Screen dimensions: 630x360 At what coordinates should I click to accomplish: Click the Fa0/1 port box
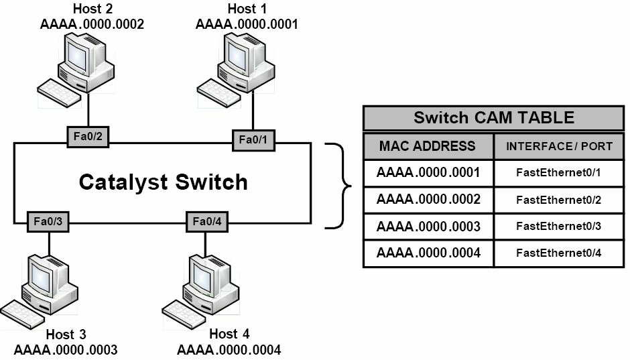click(253, 140)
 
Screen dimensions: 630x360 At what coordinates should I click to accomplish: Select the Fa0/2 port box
click(88, 137)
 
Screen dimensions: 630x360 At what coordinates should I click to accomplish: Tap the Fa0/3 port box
click(48, 222)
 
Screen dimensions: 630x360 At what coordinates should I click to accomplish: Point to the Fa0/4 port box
click(207, 222)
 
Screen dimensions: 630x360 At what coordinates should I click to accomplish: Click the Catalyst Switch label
click(163, 182)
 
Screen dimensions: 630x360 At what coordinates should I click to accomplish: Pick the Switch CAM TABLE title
click(494, 118)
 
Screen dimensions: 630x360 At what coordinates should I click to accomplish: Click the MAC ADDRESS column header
click(428, 146)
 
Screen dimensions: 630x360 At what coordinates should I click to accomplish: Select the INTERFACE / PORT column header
click(559, 146)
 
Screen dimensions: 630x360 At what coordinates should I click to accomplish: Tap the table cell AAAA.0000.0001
click(428, 173)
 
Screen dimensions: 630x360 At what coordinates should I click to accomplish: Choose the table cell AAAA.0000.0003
click(428, 227)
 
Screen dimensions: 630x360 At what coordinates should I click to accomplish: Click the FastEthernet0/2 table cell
click(558, 200)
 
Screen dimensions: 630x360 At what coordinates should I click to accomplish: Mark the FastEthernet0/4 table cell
click(558, 253)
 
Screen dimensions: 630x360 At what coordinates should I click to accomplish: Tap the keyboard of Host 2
click(59, 93)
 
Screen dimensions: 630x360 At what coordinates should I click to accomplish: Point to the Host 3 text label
click(66, 335)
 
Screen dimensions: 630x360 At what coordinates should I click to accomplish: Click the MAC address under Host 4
click(229, 350)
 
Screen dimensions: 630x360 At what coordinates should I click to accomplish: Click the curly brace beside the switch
click(340, 186)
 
